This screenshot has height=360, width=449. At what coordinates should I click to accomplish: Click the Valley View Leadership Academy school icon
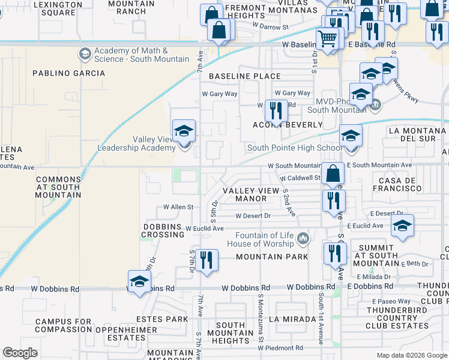(184, 131)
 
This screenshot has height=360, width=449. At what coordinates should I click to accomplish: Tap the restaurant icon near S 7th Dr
(206, 260)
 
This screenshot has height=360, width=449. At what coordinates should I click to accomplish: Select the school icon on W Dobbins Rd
(139, 281)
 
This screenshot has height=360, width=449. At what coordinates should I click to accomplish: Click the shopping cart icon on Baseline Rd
(327, 38)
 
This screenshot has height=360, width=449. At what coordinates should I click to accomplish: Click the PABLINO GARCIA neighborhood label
(68, 73)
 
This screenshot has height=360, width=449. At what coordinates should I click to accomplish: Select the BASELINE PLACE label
(244, 76)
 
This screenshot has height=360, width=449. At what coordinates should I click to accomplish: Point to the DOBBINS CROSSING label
(163, 230)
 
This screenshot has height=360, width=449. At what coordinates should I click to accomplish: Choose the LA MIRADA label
(292, 319)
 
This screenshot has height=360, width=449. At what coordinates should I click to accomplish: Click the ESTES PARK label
(162, 319)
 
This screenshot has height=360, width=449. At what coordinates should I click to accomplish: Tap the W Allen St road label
(178, 207)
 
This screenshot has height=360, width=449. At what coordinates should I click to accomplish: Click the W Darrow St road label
(270, 26)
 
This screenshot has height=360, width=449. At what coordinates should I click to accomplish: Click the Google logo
(20, 353)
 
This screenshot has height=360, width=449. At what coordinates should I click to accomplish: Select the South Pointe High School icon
(351, 136)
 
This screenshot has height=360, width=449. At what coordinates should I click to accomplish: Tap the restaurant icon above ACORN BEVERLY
(277, 110)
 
